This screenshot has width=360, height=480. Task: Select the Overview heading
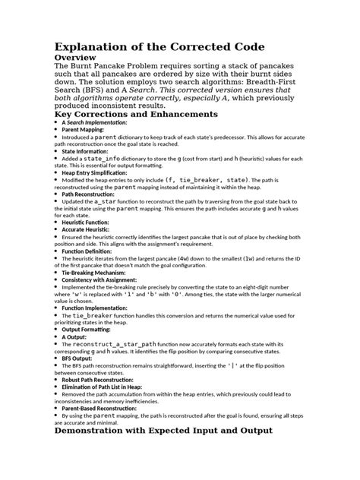pos(80,58)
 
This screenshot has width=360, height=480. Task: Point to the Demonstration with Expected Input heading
pos(163,453)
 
